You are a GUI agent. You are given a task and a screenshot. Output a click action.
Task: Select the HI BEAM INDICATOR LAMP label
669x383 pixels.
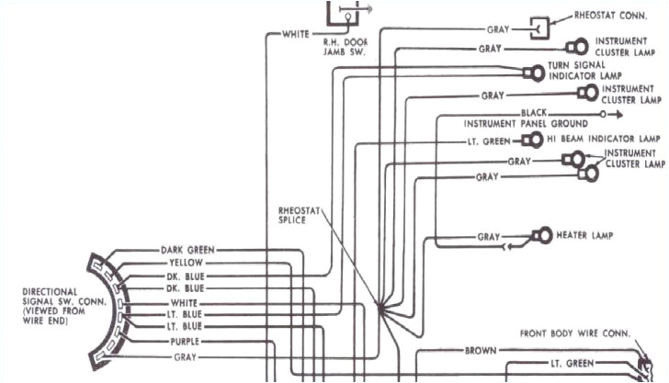(x=603, y=139)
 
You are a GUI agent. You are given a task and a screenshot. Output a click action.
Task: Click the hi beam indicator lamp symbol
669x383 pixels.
(x=531, y=141)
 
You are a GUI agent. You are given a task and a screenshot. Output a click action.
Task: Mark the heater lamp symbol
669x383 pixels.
(x=541, y=236)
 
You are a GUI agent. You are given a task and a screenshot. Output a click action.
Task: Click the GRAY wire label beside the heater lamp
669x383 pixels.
(x=489, y=237)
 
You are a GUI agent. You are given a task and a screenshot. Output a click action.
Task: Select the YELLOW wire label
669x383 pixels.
(x=187, y=263)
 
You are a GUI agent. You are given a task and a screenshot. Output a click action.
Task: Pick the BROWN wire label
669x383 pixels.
(x=481, y=350)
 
